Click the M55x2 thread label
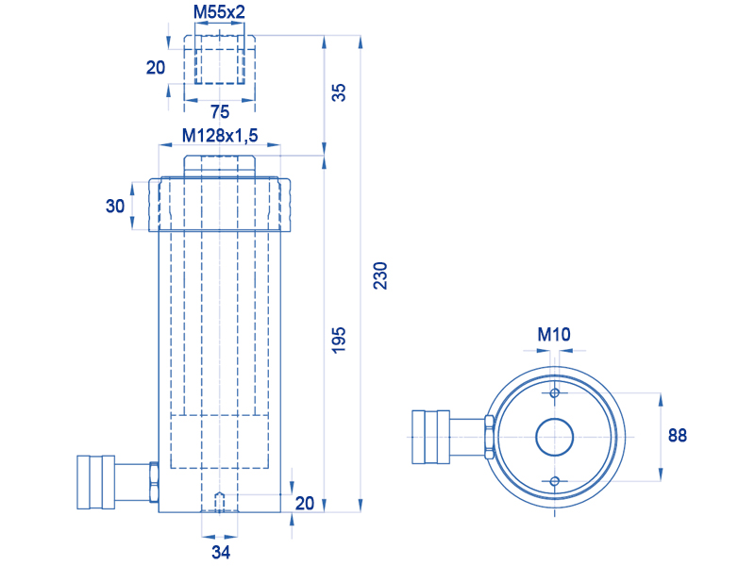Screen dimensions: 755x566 [x=219, y=11]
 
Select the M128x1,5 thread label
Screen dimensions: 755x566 [x=220, y=135]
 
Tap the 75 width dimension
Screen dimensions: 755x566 [x=220, y=111]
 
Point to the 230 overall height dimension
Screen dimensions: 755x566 [x=380, y=275]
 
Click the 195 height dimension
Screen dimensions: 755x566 [x=339, y=340]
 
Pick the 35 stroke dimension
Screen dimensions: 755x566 [x=339, y=92]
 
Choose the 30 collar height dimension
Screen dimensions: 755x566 [x=115, y=206]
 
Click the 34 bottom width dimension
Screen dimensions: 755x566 [x=221, y=552]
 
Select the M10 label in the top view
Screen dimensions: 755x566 [x=554, y=334]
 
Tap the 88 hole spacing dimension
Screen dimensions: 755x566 [x=677, y=435]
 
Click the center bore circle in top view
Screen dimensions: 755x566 [x=555, y=437]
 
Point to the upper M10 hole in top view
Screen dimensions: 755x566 [x=555, y=393]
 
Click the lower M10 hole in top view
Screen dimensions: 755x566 [x=555, y=481]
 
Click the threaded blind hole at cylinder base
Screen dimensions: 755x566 [x=220, y=502]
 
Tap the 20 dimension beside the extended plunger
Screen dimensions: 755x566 [x=156, y=67]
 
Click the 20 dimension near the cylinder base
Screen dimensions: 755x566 [x=304, y=504]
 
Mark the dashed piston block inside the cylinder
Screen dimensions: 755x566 [x=220, y=441]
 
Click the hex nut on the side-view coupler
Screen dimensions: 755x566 [x=154, y=482]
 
